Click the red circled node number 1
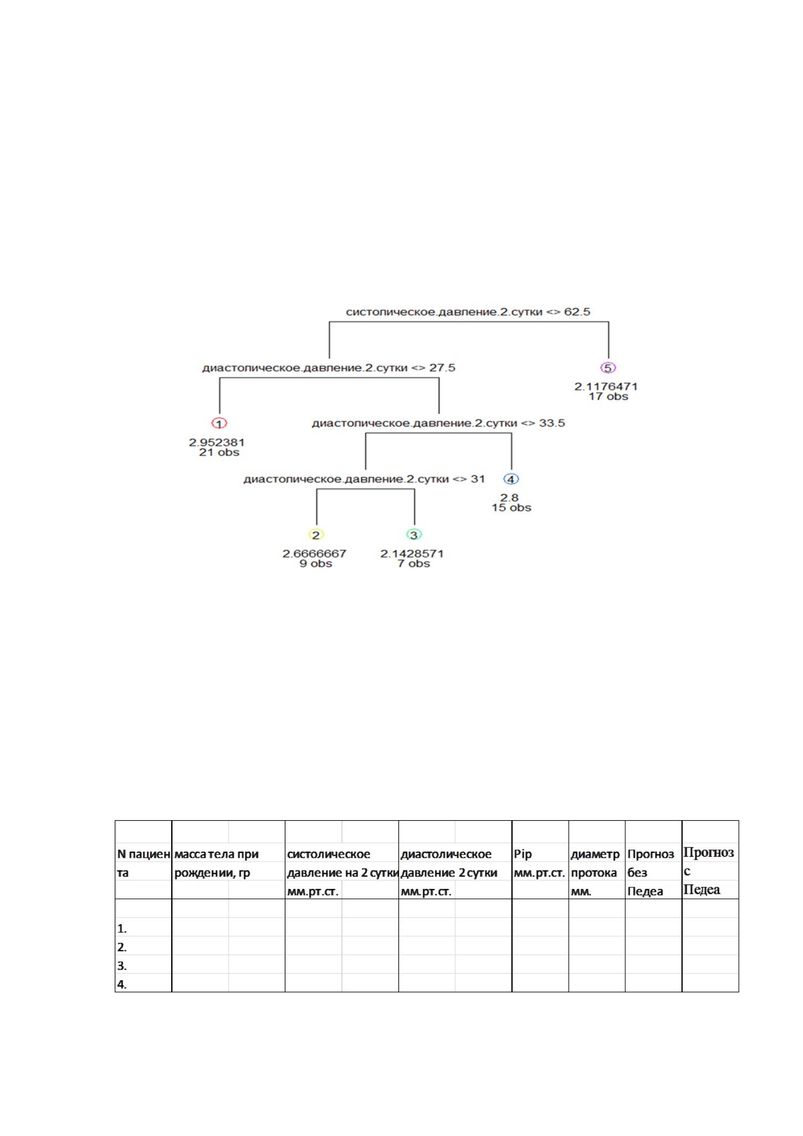click(x=219, y=423)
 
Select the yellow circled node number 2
click(x=316, y=535)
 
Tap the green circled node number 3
click(x=414, y=535)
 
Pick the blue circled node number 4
click(x=511, y=479)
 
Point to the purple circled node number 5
click(x=608, y=368)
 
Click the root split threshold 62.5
click(x=577, y=312)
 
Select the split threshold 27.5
click(x=442, y=368)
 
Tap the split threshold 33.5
click(x=552, y=423)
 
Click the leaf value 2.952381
click(x=217, y=443)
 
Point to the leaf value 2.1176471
click(x=606, y=387)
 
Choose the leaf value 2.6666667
click(x=314, y=554)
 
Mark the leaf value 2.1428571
click(x=412, y=554)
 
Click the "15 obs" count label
click(x=511, y=508)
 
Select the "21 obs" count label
click(x=219, y=452)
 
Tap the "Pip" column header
click(x=523, y=854)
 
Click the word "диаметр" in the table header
click(x=595, y=854)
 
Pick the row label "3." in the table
click(x=122, y=966)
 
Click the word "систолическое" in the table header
click(x=329, y=854)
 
